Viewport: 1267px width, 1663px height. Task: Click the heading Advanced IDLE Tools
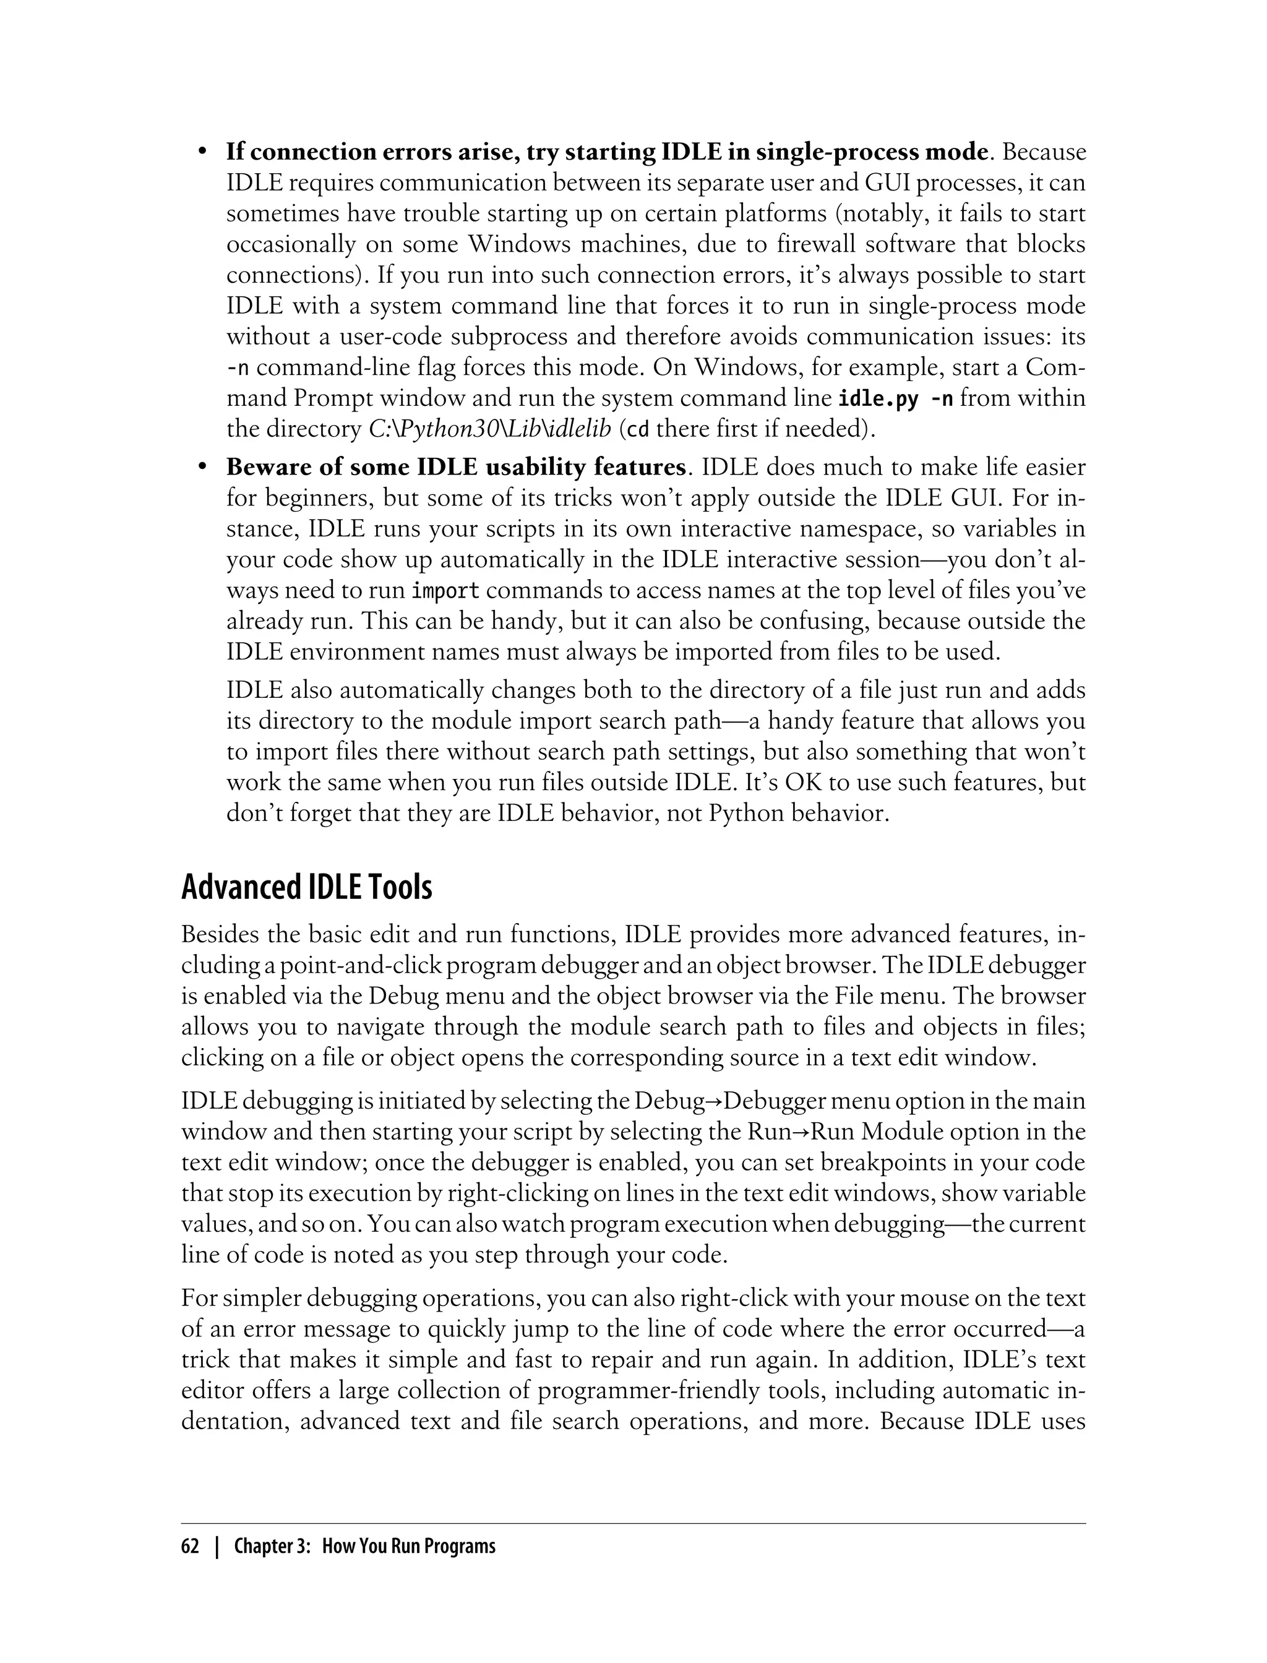tap(306, 887)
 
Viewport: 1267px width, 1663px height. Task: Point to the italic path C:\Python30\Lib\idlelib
tap(489, 429)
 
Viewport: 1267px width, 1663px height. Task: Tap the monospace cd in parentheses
tap(638, 430)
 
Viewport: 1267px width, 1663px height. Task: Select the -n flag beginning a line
tap(238, 368)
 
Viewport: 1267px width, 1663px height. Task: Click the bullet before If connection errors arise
tap(202, 152)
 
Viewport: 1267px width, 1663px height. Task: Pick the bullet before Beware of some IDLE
tap(202, 468)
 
